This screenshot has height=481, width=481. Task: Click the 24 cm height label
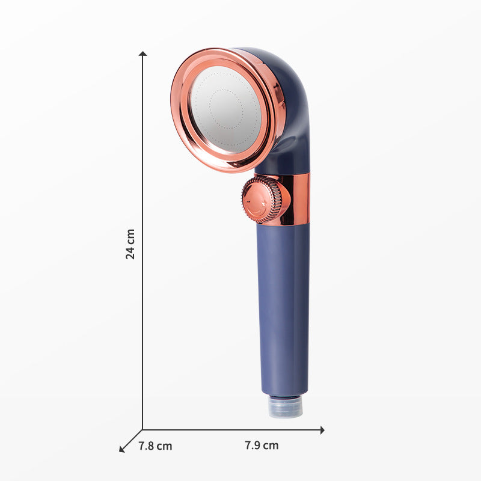click(x=130, y=244)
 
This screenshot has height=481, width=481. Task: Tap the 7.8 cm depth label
click(x=155, y=446)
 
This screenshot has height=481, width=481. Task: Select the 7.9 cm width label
click(x=262, y=446)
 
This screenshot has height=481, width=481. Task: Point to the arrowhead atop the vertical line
click(x=142, y=54)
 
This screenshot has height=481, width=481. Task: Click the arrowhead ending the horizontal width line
click(x=322, y=429)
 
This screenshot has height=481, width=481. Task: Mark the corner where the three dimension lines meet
click(x=142, y=429)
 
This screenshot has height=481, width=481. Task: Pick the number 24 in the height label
click(x=130, y=252)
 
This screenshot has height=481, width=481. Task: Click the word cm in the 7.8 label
click(x=164, y=446)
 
